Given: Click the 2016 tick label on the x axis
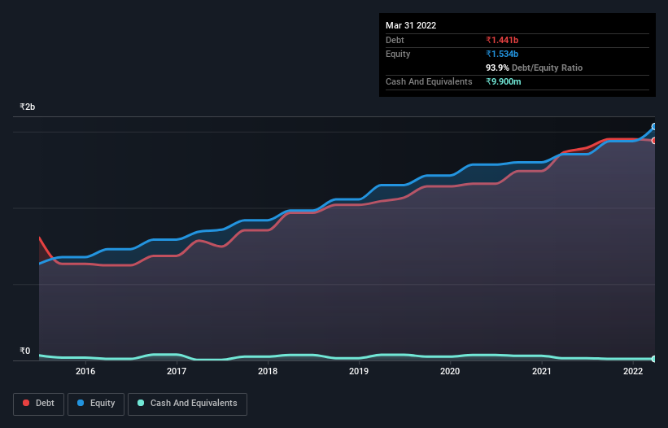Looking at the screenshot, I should [x=85, y=372].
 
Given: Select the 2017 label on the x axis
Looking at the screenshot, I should [x=177, y=372].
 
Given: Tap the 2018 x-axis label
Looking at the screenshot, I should [x=268, y=372].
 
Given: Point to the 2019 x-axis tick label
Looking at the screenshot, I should [x=359, y=372].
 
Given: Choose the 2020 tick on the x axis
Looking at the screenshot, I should [x=450, y=372].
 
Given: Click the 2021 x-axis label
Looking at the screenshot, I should [x=542, y=372].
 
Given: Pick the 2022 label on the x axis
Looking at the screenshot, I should [x=633, y=372].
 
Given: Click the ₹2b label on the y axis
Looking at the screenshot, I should [x=28, y=107].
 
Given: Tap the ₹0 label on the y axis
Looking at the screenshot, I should [x=24, y=352].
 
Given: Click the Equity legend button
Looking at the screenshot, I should [x=97, y=404].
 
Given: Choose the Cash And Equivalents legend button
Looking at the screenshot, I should [x=187, y=404].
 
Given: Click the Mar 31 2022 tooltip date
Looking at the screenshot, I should [x=411, y=25].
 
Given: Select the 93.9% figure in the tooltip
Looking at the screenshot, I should [x=497, y=68].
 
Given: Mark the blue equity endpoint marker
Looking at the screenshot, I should [x=654, y=127].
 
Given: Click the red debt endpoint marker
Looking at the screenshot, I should [x=654, y=141].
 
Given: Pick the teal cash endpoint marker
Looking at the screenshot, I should [x=654, y=359].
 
